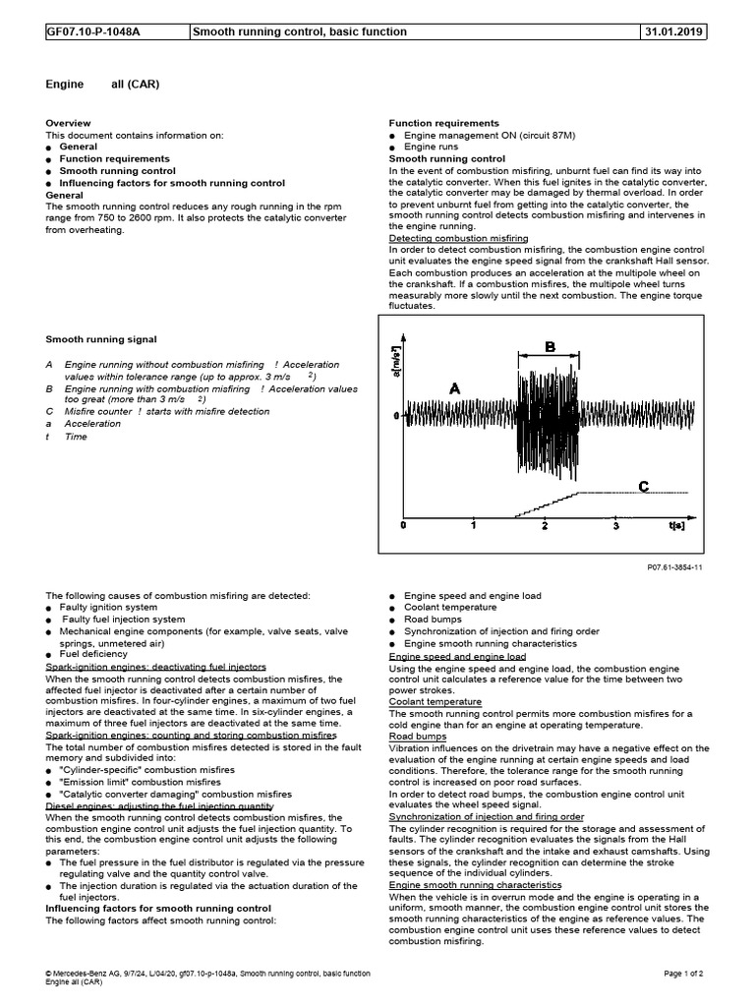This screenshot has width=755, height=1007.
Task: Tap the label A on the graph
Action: (454, 389)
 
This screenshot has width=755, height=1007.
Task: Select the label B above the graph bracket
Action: (551, 345)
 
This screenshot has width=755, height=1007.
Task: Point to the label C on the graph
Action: (643, 487)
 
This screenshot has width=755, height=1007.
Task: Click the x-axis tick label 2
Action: (544, 527)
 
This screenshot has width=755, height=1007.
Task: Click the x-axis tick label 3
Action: (616, 527)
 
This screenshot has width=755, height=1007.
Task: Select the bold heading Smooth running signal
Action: (101, 339)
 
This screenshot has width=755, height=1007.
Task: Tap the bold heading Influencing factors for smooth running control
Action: (145, 908)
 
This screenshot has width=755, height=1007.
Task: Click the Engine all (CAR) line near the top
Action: (103, 85)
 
